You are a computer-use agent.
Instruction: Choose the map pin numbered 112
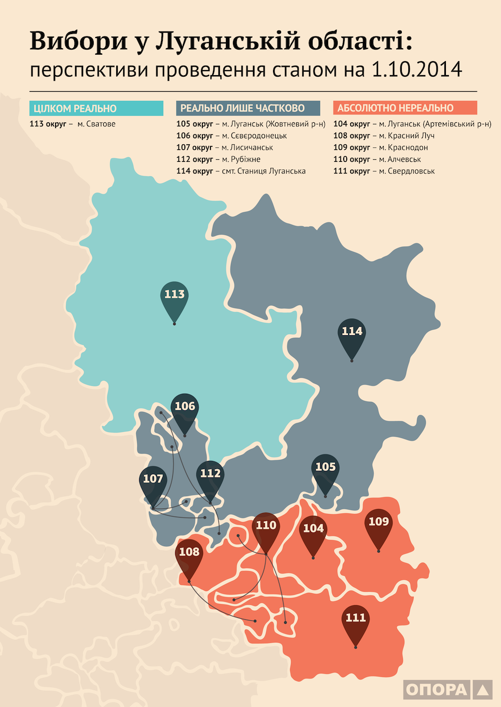tap(210, 476)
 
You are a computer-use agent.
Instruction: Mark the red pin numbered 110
tap(266, 528)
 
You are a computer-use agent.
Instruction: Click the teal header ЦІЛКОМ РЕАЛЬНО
tap(96, 108)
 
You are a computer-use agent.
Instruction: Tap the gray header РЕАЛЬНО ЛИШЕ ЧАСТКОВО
tap(248, 108)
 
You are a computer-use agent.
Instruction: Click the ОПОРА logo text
tap(436, 689)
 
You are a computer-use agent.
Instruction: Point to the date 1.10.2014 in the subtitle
tap(417, 70)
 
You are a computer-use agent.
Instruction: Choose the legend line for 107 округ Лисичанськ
tap(225, 147)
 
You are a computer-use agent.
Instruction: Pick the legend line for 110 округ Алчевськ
tap(377, 159)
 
